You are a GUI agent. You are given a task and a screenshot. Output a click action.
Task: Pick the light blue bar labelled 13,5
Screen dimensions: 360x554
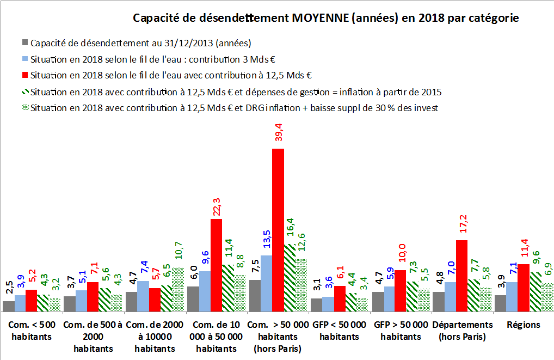pos(266,283)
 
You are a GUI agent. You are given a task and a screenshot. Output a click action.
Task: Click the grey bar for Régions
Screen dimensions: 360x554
pos(500,303)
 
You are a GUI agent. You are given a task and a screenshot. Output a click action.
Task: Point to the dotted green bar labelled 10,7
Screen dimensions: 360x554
pos(178,289)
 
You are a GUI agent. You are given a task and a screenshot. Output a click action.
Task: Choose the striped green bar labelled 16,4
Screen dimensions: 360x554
pos(290,278)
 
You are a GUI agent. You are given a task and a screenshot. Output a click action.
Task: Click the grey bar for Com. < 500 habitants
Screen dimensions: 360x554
pos(9,306)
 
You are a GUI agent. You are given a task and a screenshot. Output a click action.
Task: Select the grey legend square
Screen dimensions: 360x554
pos(25,42)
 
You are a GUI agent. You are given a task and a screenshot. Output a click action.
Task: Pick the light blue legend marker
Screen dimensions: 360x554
pos(25,59)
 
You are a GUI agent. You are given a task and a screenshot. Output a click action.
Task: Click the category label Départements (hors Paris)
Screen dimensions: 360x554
pos(463,331)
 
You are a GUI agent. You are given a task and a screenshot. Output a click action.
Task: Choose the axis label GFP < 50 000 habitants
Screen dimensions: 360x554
pos(340,331)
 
